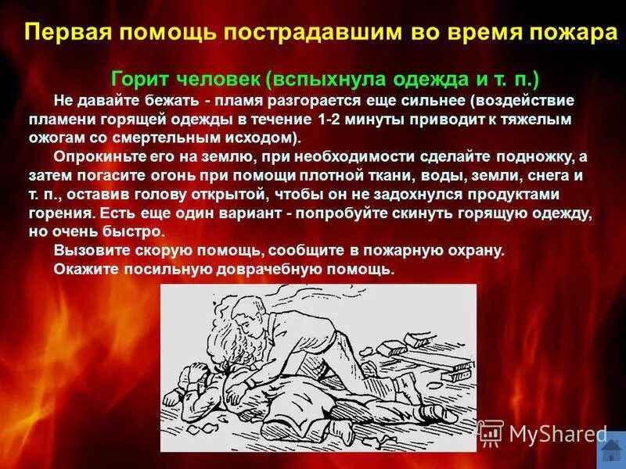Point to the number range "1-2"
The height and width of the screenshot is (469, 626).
[x=333, y=120]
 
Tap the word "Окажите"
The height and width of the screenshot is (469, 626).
[x=85, y=270]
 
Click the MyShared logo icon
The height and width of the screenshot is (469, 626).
[x=491, y=432]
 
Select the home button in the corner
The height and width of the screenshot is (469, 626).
[x=608, y=451]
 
